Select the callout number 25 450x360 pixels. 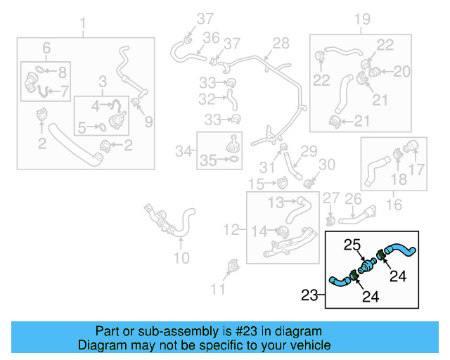352,245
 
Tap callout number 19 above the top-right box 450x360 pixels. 362,19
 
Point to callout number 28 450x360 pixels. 281,44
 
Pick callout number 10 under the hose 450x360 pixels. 181,258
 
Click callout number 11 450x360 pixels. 219,288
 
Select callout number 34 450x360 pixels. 184,150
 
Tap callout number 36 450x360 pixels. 211,38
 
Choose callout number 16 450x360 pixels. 394,205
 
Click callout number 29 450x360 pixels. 309,150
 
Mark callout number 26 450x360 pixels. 353,200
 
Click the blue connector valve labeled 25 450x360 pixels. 366,266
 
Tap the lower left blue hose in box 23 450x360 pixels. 341,282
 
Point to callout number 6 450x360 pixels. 46,48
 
